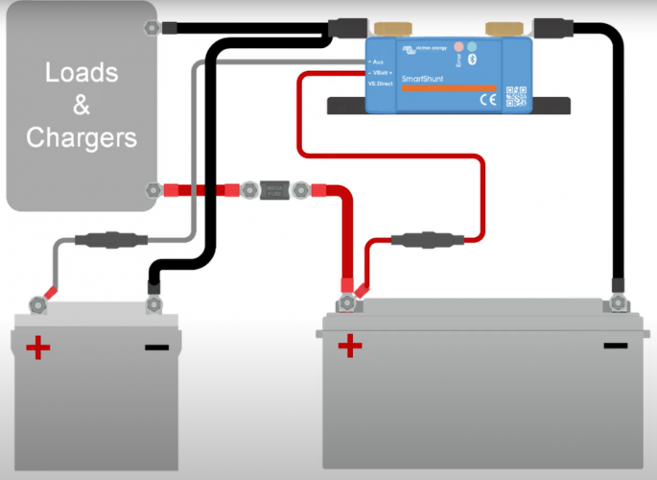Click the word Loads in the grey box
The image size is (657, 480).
pyautogui.click(x=82, y=73)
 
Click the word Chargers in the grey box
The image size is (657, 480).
pyautogui.click(x=82, y=137)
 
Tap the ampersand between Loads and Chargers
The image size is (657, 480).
pyautogui.click(x=82, y=105)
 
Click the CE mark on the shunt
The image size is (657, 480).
pyautogui.click(x=486, y=99)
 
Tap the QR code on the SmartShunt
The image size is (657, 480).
pyautogui.click(x=516, y=96)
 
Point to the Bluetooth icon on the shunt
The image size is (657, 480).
pyautogui.click(x=471, y=60)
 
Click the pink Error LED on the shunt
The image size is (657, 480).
pyautogui.click(x=459, y=47)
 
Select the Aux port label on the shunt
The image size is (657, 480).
pyautogui.click(x=376, y=60)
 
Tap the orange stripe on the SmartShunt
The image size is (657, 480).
pyautogui.click(x=448, y=87)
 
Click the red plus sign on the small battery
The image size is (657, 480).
pyautogui.click(x=38, y=347)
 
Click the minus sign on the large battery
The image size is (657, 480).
pyautogui.click(x=614, y=345)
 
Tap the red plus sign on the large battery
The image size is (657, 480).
pyautogui.click(x=349, y=345)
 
